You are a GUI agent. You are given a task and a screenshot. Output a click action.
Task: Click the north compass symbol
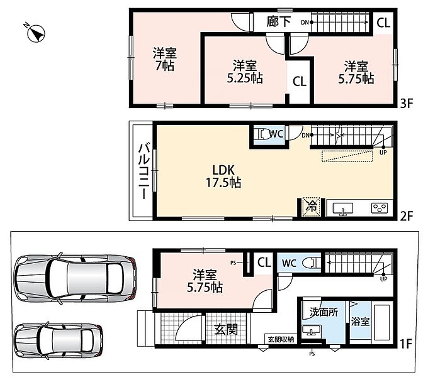point(35,33)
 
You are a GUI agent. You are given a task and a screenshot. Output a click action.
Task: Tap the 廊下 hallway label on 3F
point(278,22)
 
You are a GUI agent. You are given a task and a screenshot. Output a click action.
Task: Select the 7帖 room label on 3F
point(165,60)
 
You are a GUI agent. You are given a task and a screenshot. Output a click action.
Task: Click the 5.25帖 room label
point(245,72)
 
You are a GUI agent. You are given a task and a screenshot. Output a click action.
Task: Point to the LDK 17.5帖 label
point(223,176)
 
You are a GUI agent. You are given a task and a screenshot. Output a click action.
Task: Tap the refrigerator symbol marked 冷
point(311,206)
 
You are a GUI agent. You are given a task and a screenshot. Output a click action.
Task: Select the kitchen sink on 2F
point(343,210)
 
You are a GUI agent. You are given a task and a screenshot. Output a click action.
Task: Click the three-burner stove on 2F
point(380,208)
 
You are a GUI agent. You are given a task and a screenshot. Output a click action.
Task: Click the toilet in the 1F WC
point(311,263)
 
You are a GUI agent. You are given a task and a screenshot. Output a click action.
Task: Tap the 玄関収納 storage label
point(281,339)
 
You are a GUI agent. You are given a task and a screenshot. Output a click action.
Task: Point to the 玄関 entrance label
point(226,329)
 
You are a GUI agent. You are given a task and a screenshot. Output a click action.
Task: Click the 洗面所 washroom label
point(324,312)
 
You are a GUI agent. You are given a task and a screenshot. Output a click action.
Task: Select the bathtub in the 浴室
point(381,322)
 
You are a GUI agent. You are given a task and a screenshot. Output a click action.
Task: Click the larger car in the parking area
point(75,278)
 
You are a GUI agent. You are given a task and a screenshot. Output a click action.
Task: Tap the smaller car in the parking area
point(59,340)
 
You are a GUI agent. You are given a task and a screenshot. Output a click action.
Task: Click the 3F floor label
point(407,103)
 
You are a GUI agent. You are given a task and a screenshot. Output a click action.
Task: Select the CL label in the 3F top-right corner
point(383,23)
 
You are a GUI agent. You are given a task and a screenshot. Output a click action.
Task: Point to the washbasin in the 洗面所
point(312,330)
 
